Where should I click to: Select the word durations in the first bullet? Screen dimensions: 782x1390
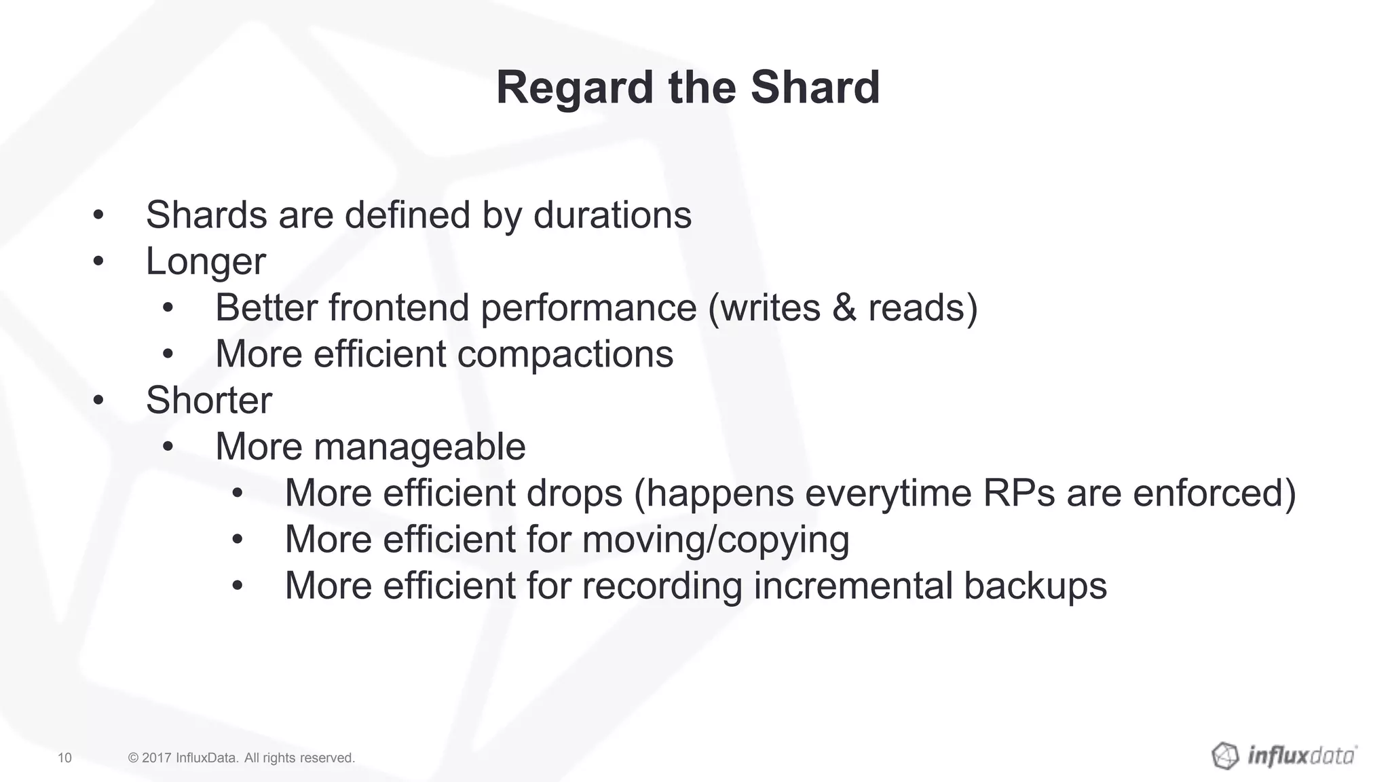(x=612, y=215)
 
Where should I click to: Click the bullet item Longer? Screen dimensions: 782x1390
(x=206, y=261)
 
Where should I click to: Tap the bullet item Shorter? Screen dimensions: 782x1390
(x=209, y=401)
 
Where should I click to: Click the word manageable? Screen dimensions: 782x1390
(x=419, y=447)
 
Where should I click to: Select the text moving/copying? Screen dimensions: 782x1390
(x=715, y=540)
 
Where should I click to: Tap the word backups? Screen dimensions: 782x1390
(x=1034, y=586)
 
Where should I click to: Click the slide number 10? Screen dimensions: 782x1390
(x=64, y=758)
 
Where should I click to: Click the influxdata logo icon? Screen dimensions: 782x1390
(x=1225, y=756)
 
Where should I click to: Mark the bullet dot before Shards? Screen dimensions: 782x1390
(x=98, y=216)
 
